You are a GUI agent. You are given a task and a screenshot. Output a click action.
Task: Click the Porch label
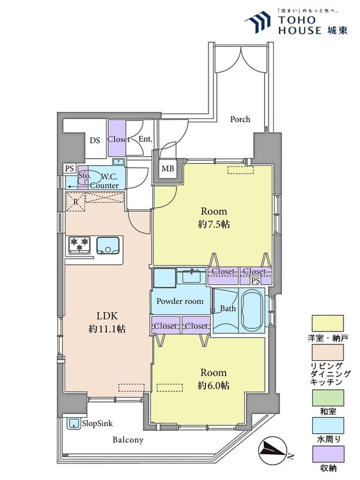coord(240,119)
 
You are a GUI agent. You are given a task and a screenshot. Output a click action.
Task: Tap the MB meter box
coord(168,168)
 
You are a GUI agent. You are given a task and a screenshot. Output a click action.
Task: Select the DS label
coord(95,141)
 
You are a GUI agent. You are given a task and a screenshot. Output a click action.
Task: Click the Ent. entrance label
coord(145,139)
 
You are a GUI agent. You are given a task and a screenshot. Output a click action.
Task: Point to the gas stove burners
coord(79,245)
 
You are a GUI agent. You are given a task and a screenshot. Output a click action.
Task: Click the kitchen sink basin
coord(107,246)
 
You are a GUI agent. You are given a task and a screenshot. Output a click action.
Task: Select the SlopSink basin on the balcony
coord(74,424)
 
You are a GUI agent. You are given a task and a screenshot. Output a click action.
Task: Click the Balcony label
coord(128,440)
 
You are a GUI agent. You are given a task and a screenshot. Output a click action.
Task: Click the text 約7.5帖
coord(214,225)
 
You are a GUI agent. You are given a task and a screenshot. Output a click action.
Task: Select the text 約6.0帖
coord(214,386)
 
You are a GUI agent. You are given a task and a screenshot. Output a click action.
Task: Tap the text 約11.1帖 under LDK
coord(107,329)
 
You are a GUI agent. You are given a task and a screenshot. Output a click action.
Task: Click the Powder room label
coord(180,301)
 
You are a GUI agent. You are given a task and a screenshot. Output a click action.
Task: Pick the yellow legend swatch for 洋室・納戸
coord(327,323)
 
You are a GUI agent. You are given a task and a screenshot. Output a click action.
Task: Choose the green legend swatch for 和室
coord(327,397)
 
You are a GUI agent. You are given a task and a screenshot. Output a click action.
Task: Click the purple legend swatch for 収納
coord(327,454)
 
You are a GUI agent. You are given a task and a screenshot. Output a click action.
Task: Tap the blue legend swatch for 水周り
coord(327,426)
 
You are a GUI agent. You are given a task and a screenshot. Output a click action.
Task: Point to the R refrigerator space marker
coord(75,202)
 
